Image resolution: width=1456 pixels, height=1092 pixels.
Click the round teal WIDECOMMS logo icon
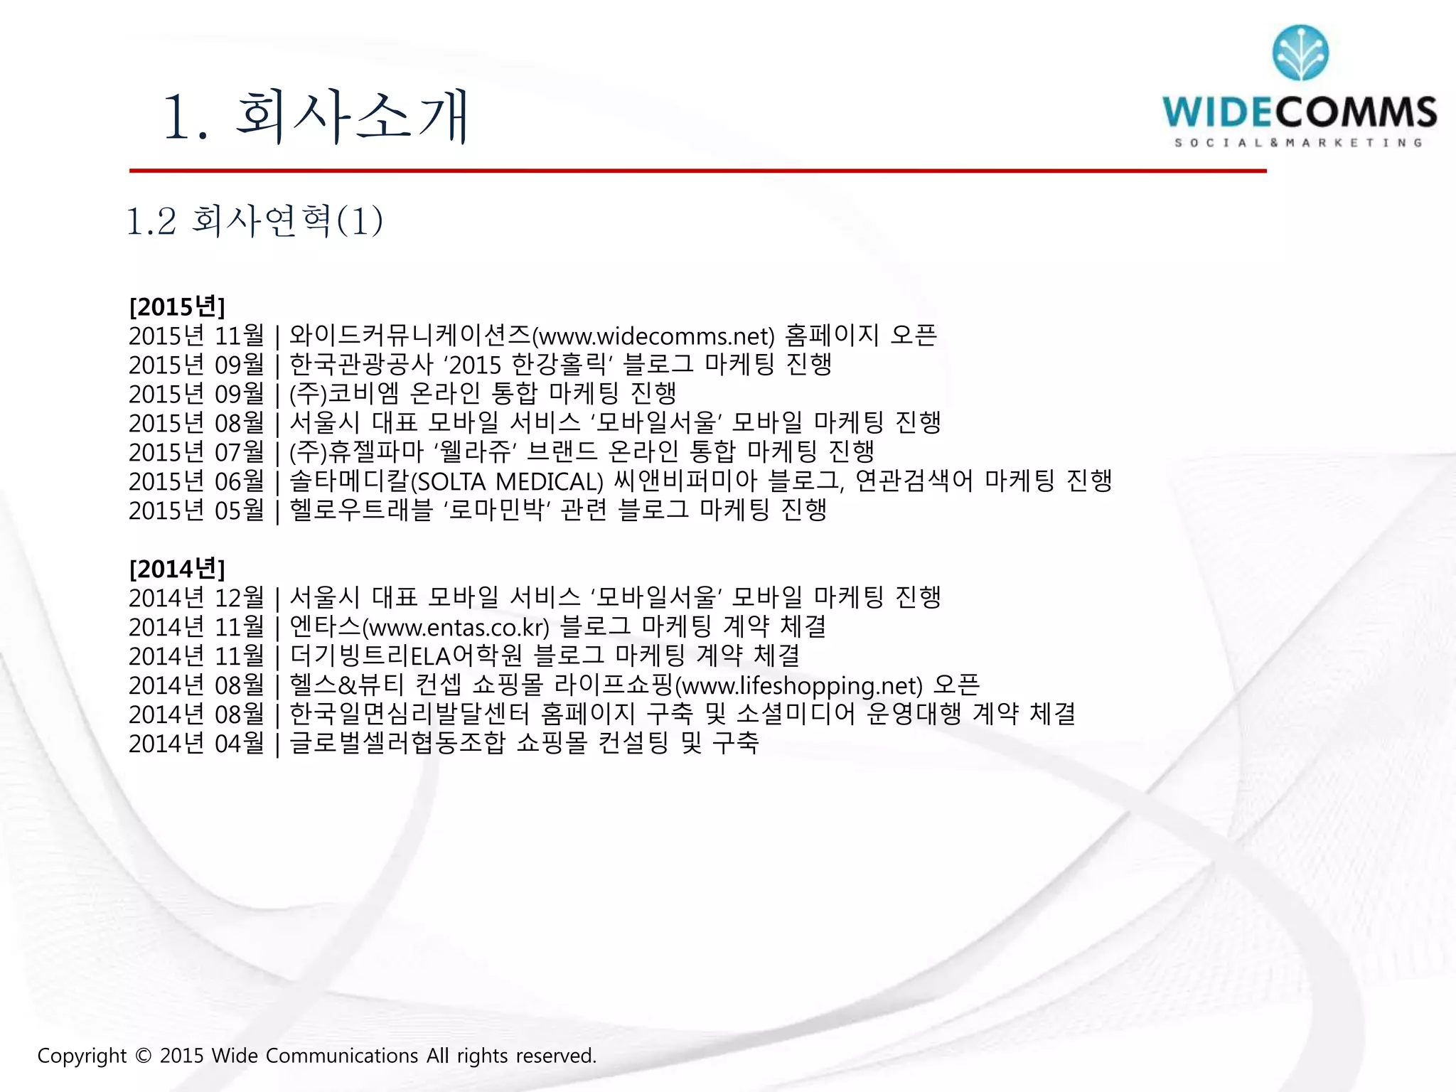pyautogui.click(x=1300, y=53)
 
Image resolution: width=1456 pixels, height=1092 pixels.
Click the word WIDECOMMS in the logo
pyautogui.click(x=1300, y=113)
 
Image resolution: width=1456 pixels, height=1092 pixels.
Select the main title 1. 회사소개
pyautogui.click(x=316, y=117)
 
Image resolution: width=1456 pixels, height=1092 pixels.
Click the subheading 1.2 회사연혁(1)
pyautogui.click(x=255, y=220)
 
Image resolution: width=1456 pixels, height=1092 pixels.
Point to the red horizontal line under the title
pyautogui.click(x=697, y=171)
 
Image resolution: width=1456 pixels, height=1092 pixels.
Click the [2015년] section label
pyautogui.click(x=177, y=307)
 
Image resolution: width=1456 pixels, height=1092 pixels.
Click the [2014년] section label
pyautogui.click(x=177, y=569)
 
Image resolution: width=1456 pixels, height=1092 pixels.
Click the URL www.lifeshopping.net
pyautogui.click(x=798, y=686)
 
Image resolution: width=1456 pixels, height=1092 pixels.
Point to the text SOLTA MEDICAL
pyautogui.click(x=507, y=482)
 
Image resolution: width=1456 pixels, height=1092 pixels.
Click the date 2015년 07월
pyautogui.click(x=196, y=452)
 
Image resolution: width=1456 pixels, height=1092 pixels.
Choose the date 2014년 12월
pyautogui.click(x=196, y=598)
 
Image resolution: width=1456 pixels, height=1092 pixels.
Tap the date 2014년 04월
pyautogui.click(x=196, y=744)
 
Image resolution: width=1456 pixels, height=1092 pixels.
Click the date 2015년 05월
pyautogui.click(x=196, y=510)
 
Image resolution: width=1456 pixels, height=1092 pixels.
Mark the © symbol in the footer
pyautogui.click(x=143, y=1056)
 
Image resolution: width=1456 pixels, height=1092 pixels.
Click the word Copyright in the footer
pyautogui.click(x=82, y=1056)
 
